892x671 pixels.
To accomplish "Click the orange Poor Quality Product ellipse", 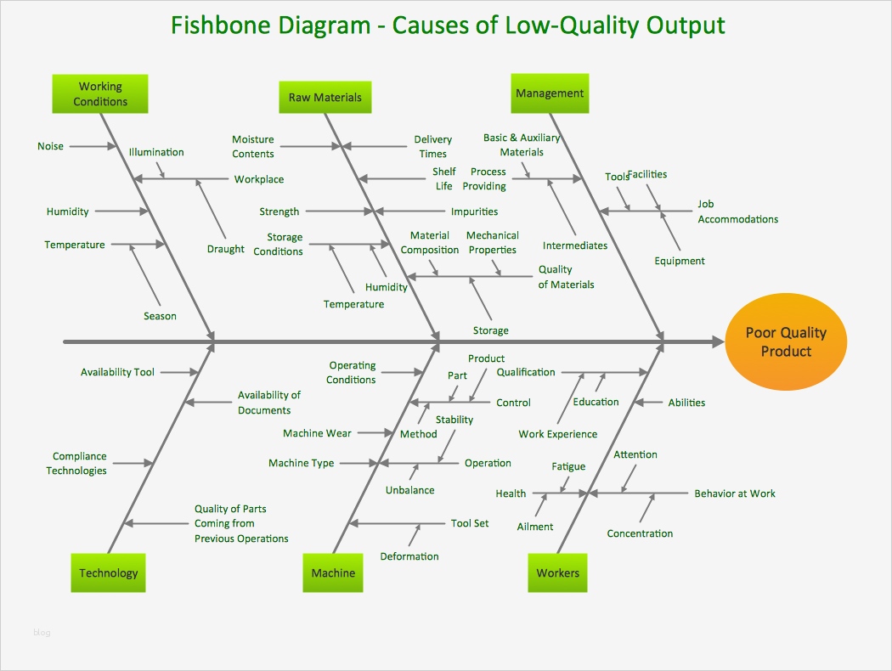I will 785,342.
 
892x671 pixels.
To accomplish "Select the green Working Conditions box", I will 100,93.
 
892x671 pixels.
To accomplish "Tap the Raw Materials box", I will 325,97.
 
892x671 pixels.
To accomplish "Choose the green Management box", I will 550,93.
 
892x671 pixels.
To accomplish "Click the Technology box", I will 108,572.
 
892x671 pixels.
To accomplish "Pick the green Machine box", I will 333,572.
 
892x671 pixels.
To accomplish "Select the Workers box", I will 557,572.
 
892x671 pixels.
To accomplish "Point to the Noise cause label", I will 50,146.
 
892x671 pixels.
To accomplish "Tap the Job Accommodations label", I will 737,211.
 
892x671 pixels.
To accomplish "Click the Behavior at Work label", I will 734,493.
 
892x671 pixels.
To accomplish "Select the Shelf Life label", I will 444,178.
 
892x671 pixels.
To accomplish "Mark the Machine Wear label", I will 317,433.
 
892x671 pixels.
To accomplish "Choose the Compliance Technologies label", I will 77,463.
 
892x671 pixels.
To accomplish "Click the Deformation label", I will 409,556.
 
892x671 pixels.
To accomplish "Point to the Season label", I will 160,316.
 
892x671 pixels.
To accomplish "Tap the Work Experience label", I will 557,434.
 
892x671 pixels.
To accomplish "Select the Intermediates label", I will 575,245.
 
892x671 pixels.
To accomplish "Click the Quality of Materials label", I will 566,277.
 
